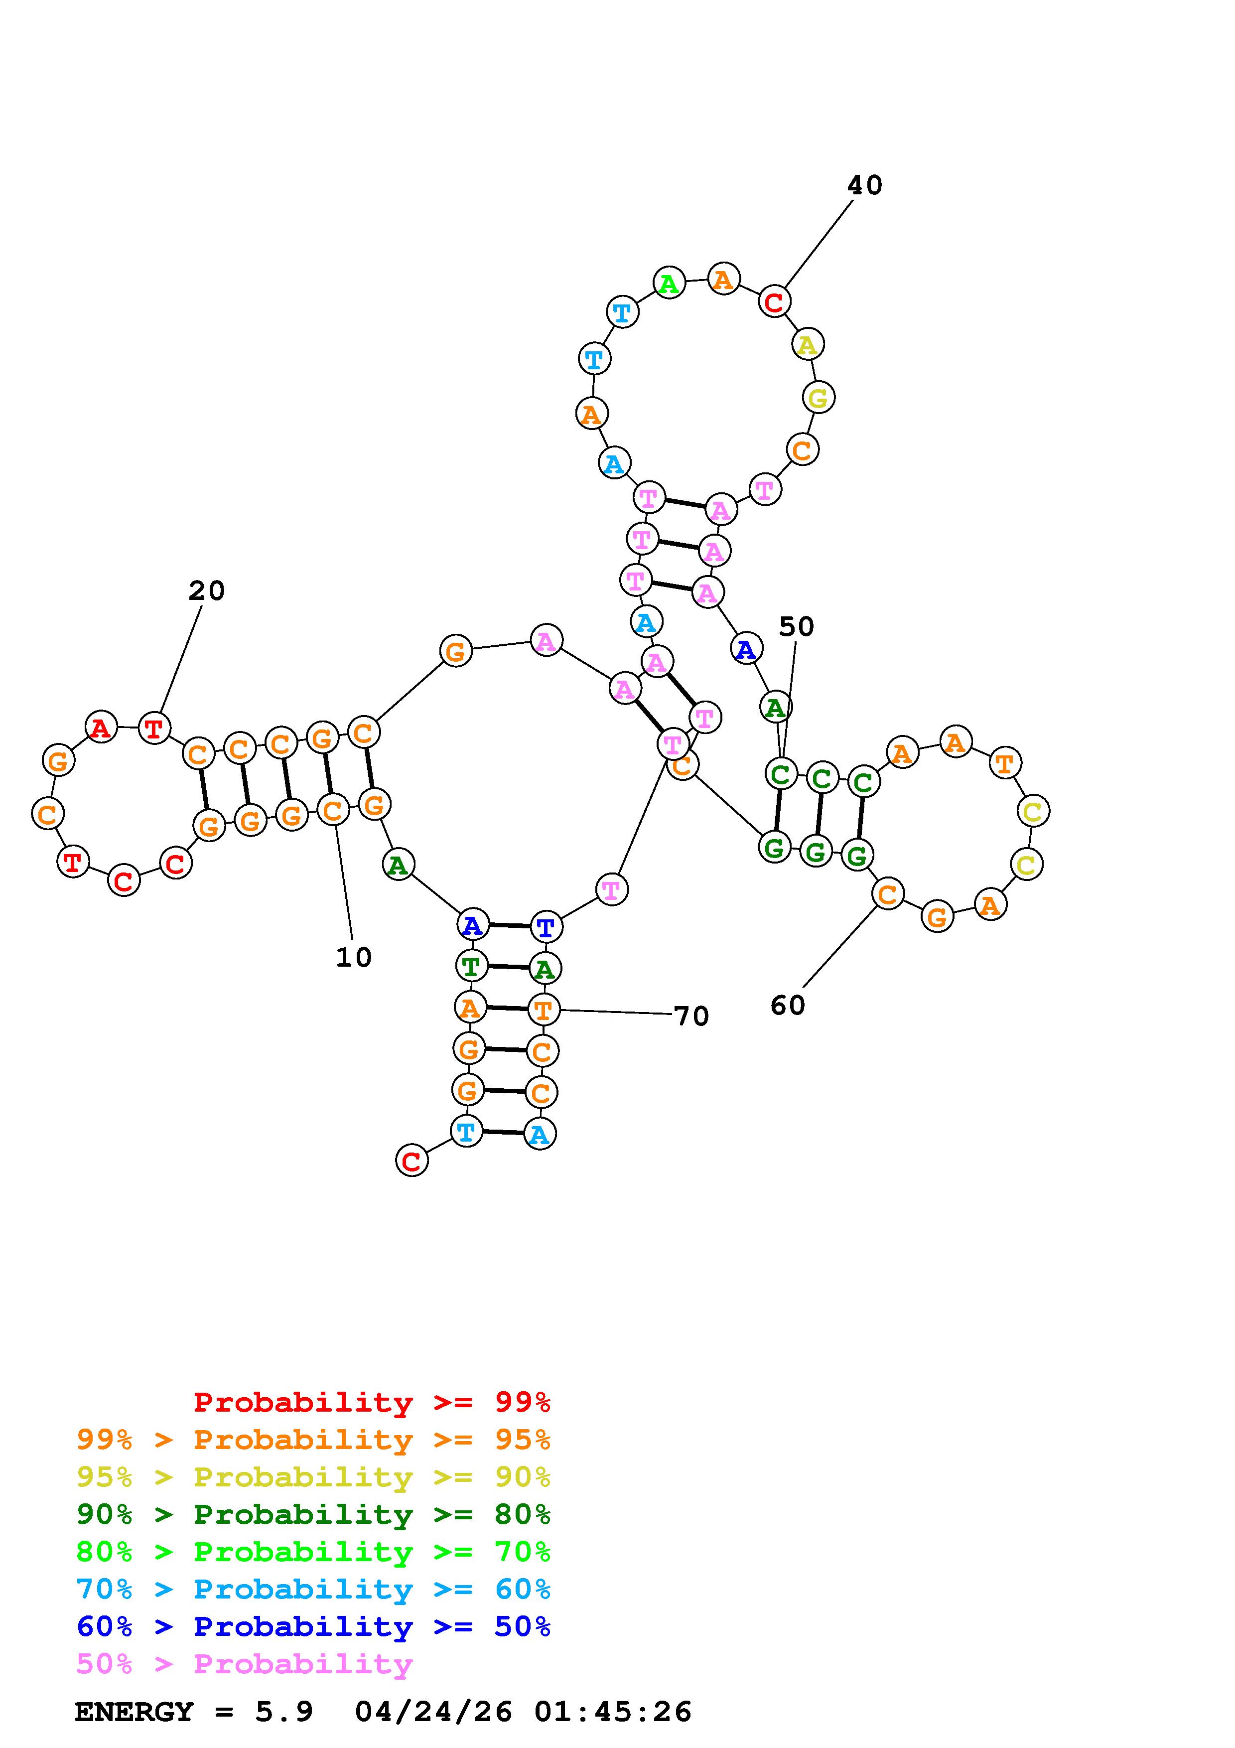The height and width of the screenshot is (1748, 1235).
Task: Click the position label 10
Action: click(354, 957)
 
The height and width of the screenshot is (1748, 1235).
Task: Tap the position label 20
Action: click(206, 591)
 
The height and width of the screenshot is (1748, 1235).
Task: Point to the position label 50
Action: click(796, 626)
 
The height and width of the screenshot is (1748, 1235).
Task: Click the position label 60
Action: click(788, 1006)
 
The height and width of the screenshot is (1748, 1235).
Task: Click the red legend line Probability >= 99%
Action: click(371, 1402)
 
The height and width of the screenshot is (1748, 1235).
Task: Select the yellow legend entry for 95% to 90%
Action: click(313, 1476)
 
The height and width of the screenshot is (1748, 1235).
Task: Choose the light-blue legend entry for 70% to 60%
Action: click(313, 1589)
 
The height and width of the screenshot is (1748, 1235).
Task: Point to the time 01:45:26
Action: click(613, 1712)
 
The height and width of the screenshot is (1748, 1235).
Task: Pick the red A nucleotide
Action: click(101, 727)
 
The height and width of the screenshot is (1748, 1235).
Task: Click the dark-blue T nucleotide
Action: click(546, 926)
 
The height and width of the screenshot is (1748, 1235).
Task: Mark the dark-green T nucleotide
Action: click(471, 966)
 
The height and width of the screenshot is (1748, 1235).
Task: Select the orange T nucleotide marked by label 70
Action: click(544, 1010)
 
